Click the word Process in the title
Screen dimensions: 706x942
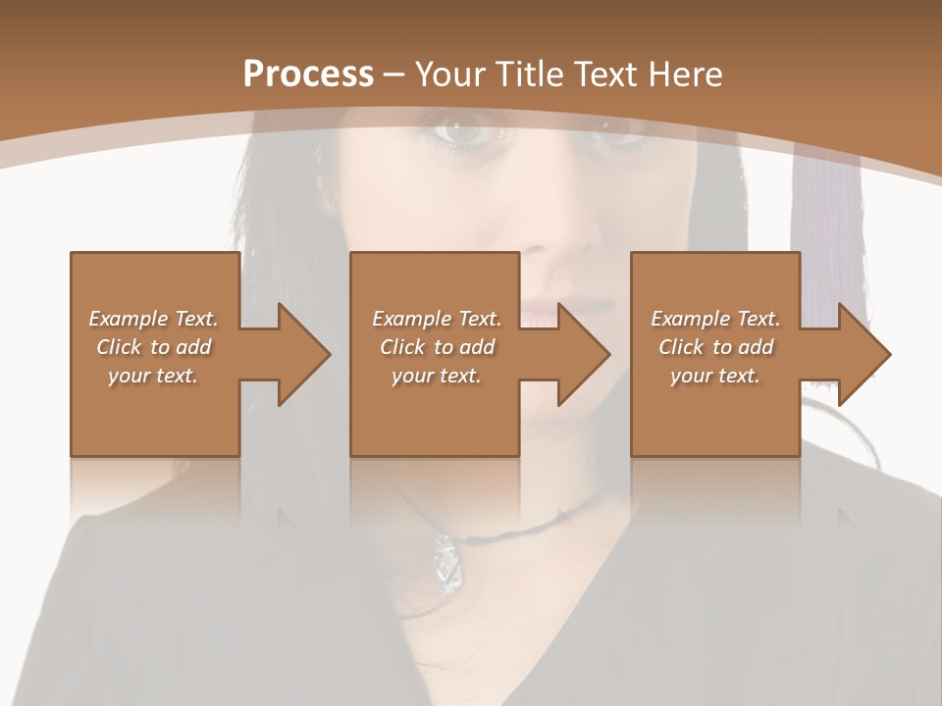(x=308, y=74)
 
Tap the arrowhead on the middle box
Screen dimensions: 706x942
(x=583, y=354)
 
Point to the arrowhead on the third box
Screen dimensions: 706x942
(x=863, y=354)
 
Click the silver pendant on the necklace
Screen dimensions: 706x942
(x=445, y=564)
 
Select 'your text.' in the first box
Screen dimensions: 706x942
(x=153, y=375)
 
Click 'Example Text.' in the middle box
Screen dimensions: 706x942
(x=436, y=319)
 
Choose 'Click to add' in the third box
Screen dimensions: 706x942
(x=716, y=347)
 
